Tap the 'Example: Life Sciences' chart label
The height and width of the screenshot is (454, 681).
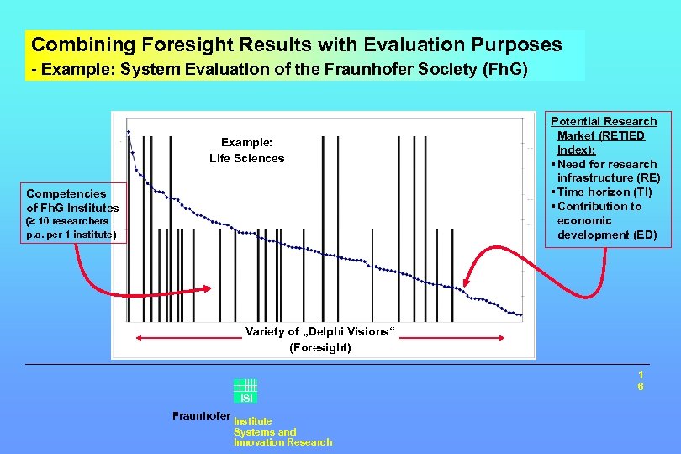(247, 150)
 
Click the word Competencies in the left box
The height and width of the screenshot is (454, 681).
(66, 193)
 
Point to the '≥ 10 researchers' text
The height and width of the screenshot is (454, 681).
(67, 221)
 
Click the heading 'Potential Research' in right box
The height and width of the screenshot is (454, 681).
(604, 122)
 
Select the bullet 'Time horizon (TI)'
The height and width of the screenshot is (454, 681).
(604, 193)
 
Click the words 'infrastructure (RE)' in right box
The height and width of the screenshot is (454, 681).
(609, 178)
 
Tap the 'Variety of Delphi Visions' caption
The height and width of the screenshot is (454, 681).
(318, 332)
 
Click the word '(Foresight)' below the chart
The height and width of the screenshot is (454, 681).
(320, 347)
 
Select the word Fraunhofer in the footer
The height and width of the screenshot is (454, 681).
(201, 416)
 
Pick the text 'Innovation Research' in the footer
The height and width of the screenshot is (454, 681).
(282, 442)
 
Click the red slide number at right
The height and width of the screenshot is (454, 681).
(641, 380)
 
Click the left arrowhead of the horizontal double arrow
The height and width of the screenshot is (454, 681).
(140, 338)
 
